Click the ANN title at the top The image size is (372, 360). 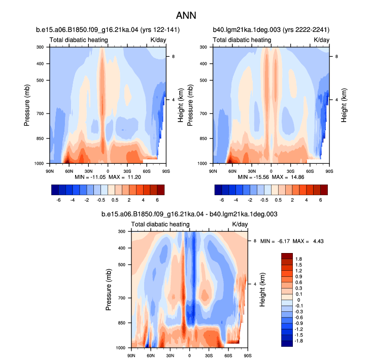(x=186, y=16)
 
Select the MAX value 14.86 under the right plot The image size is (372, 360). (x=297, y=177)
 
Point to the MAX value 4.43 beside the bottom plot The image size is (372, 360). (x=318, y=241)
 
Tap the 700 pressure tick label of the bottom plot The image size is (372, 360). (x=121, y=298)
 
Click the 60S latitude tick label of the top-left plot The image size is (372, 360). (x=146, y=171)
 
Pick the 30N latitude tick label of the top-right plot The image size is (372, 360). (x=252, y=171)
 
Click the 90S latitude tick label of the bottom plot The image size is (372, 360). (x=248, y=356)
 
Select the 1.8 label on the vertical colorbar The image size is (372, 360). (x=298, y=259)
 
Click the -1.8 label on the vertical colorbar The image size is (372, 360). (x=298, y=341)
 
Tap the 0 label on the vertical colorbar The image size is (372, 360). (x=299, y=300)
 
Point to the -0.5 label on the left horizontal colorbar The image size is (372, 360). (x=101, y=200)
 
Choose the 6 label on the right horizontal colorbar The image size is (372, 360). (x=321, y=200)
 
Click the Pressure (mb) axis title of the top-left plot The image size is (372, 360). (x=27, y=105)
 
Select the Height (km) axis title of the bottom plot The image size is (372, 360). (x=262, y=290)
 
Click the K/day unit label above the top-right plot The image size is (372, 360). (x=321, y=40)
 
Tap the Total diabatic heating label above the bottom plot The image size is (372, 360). (x=160, y=225)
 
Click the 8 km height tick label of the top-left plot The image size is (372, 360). (x=174, y=57)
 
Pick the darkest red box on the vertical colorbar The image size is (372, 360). (x=287, y=256)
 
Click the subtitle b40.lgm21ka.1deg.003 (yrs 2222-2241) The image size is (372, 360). (x=271, y=30)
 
